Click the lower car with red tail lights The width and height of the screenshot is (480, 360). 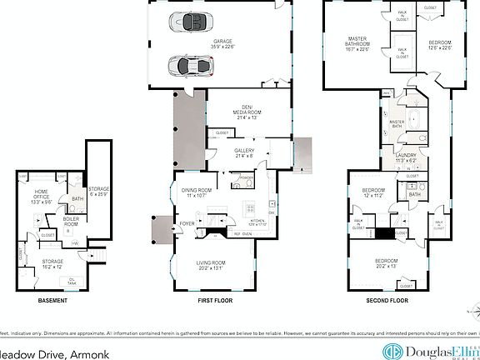click(189, 64)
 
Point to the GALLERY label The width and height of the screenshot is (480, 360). click(244, 152)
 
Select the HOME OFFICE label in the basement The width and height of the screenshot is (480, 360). click(42, 197)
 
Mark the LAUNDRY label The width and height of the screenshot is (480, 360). click(406, 156)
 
